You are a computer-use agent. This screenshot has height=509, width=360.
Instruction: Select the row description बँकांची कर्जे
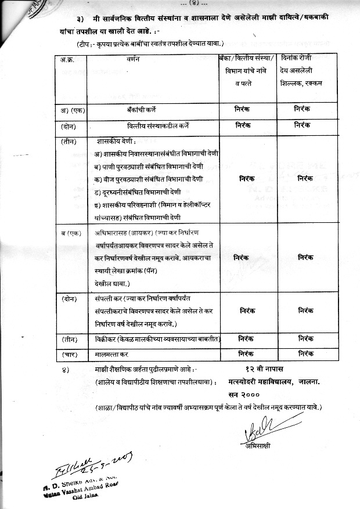(154, 109)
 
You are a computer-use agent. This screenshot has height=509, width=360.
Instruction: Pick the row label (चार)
(71, 353)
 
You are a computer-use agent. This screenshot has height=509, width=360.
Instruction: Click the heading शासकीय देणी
(117, 141)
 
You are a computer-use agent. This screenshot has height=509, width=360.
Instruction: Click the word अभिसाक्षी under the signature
(258, 445)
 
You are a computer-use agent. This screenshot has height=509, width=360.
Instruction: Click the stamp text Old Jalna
(84, 496)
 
